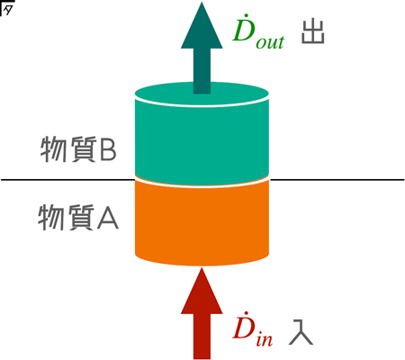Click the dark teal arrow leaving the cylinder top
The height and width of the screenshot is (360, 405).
202,48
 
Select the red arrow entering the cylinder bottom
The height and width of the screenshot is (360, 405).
202,313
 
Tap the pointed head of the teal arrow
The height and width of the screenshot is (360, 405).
202,2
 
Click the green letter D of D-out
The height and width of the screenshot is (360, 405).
244,29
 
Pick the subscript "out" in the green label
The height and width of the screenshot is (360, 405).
270,42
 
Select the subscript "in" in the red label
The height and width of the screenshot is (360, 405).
265,340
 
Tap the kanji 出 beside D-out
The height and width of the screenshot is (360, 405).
313,32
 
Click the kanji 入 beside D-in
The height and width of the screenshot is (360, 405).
301,332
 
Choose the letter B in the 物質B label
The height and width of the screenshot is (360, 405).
107,149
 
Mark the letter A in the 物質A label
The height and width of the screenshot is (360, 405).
107,219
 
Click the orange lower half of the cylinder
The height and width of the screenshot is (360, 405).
202,223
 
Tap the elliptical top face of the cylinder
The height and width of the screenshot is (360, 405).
202,94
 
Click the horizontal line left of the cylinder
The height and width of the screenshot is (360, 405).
67,180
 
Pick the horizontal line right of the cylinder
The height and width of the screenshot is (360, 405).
337,180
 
